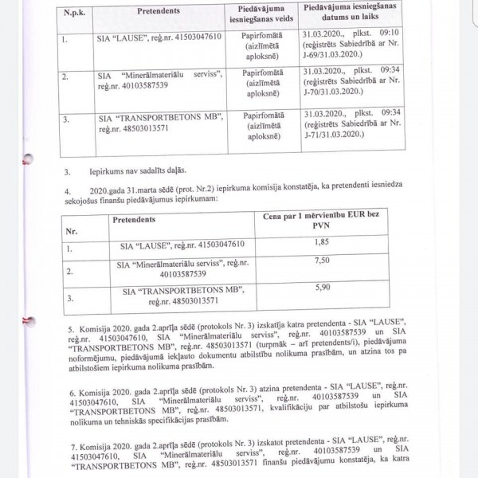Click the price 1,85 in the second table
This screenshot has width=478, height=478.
coord(321,242)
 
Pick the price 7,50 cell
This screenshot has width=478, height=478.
coord(321,260)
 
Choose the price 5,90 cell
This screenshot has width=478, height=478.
coord(321,288)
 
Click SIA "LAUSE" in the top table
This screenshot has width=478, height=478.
coord(125,37)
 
